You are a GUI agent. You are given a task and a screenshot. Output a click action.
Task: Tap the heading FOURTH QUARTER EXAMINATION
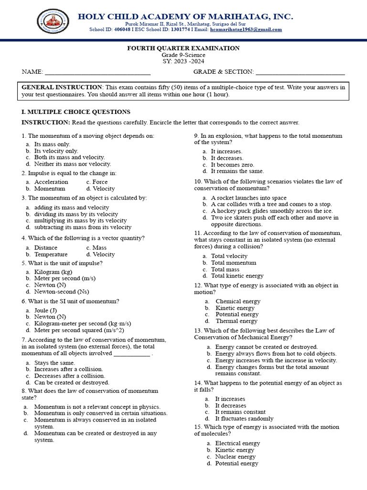click(x=183, y=48)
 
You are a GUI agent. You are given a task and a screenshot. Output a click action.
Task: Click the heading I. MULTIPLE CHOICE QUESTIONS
click(x=76, y=112)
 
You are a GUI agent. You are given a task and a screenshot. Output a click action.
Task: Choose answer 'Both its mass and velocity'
click(x=69, y=157)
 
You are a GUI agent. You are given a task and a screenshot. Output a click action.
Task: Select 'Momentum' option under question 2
click(x=50, y=189)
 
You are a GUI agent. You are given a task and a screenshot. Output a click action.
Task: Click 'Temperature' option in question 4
click(x=51, y=255)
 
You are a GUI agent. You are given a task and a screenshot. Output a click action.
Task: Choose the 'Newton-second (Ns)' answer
click(x=62, y=291)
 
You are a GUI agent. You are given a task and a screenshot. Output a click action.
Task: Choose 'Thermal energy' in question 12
click(x=237, y=321)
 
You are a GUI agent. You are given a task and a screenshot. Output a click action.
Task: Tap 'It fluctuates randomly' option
click(x=237, y=418)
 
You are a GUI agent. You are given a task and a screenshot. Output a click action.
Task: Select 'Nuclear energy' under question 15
click(x=236, y=457)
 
